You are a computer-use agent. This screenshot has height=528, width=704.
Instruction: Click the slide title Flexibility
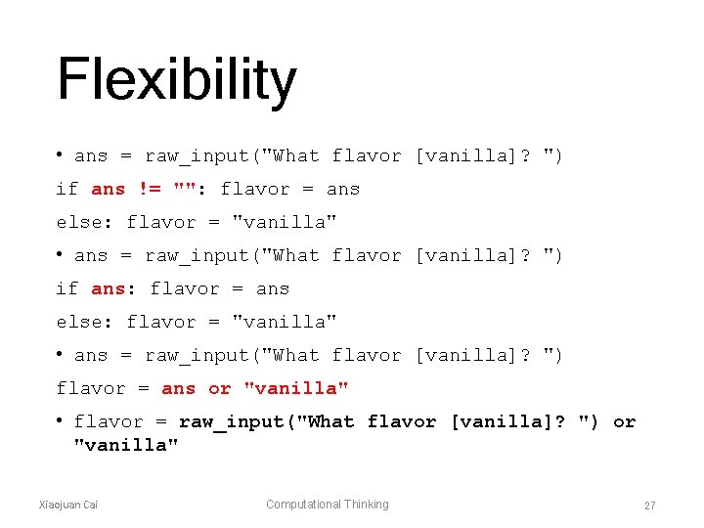176,79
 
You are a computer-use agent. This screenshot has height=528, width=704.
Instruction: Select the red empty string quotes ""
184,190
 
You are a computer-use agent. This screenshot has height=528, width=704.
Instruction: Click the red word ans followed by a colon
110,289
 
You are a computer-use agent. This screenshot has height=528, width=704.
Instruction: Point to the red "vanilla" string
296,389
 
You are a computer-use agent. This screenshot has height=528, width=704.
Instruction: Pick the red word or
220,389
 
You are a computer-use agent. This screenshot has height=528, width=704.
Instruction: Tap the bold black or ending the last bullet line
624,422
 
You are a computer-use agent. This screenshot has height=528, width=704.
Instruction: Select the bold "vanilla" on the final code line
126,446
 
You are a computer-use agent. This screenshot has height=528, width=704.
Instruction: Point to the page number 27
649,506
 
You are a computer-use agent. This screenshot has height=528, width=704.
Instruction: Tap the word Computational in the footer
304,505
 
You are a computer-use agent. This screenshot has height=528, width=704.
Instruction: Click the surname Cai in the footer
91,505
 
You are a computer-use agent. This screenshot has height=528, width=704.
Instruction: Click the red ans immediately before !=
108,190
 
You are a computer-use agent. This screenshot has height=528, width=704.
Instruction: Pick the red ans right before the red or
179,389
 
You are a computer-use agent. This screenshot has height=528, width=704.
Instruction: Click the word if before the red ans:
67,289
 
